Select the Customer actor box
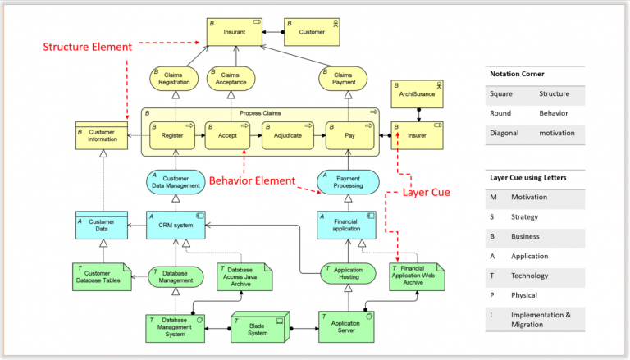pyautogui.click(x=311, y=32)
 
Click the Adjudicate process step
pyautogui.click(x=287, y=136)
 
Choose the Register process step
pyautogui.click(x=172, y=136)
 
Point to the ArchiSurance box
pyautogui.click(x=417, y=94)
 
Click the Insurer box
pyautogui.click(x=417, y=136)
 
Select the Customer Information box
pyautogui.click(x=102, y=136)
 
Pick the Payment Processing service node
pyautogui.click(x=348, y=181)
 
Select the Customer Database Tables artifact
pyautogui.click(x=102, y=277)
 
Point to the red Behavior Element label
pyautogui.click(x=251, y=180)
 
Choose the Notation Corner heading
pyautogui.click(x=517, y=74)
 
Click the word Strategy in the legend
pyautogui.click(x=524, y=216)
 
